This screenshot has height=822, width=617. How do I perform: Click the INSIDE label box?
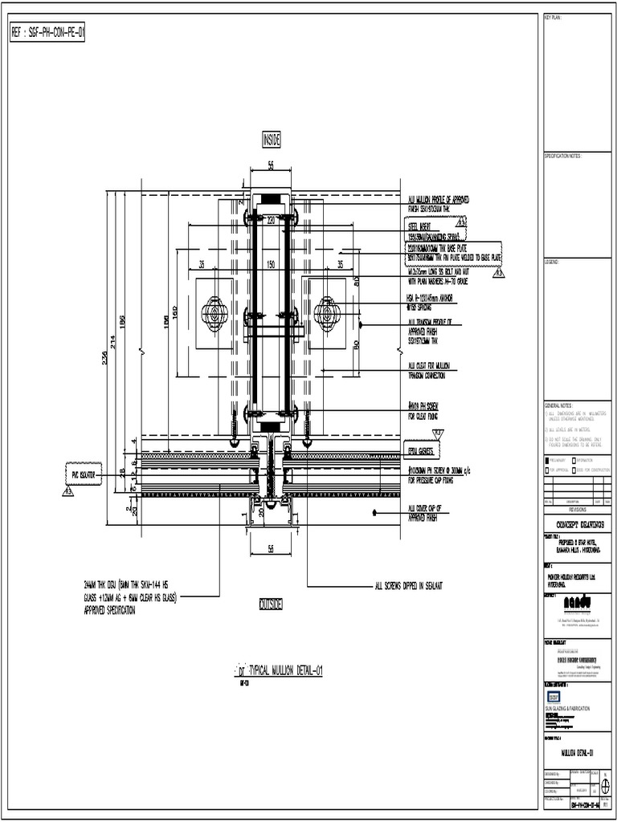click(x=271, y=140)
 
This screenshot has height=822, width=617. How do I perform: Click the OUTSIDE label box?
click(x=271, y=604)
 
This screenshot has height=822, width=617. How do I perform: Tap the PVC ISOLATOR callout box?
click(x=81, y=474)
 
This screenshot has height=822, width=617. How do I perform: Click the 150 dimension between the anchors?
click(x=271, y=264)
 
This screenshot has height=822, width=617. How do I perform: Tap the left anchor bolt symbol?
click(x=215, y=312)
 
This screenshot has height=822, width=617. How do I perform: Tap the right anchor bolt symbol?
click(x=328, y=312)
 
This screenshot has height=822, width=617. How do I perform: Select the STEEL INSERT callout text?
click(x=422, y=226)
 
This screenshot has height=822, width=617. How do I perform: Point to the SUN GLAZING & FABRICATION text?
click(x=568, y=708)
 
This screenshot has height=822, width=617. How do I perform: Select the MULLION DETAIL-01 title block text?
click(x=576, y=753)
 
